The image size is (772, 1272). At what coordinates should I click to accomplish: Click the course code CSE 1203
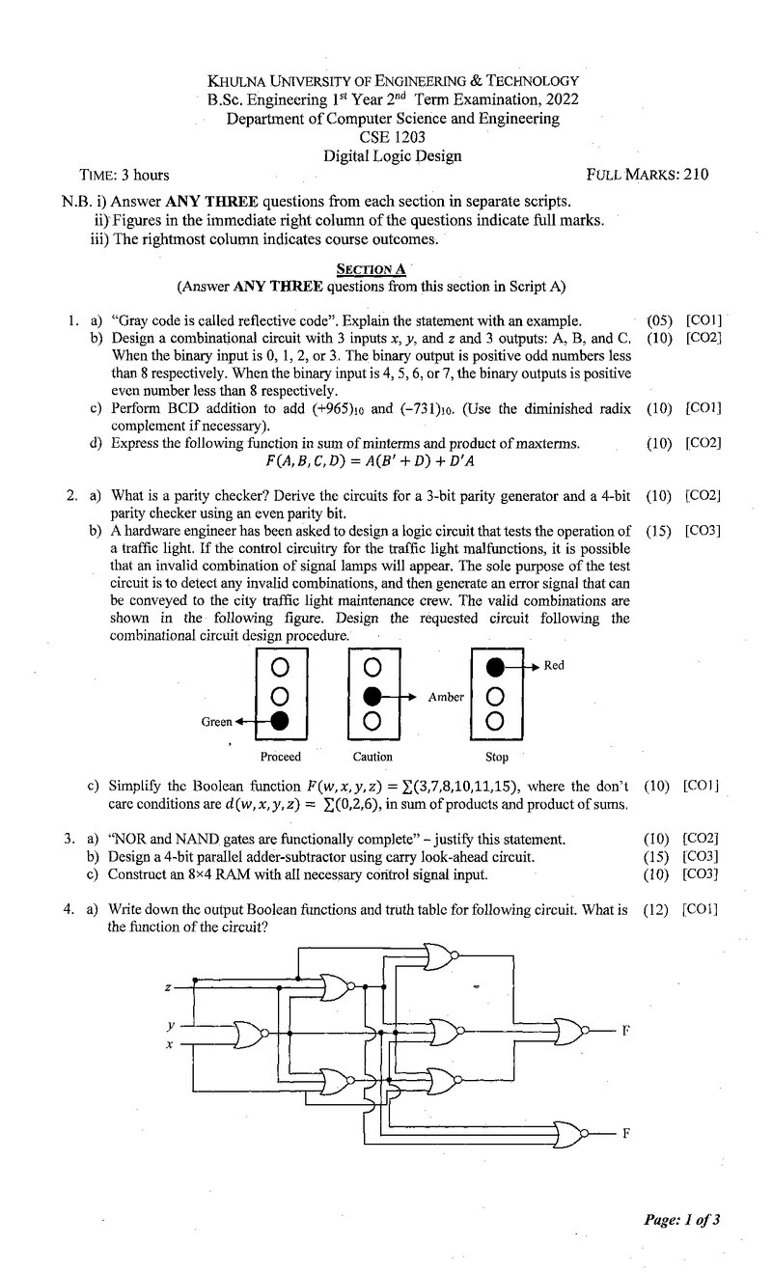point(392,137)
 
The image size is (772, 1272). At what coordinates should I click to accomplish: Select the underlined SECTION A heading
point(371,268)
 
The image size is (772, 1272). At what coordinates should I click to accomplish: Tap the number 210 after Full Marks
point(696,174)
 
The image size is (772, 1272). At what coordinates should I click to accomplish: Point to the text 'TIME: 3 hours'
point(124,175)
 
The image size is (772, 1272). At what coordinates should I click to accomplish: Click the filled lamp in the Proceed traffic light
point(279,721)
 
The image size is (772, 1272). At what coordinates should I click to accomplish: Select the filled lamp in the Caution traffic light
point(372,695)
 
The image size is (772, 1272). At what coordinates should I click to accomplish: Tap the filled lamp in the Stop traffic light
point(495,667)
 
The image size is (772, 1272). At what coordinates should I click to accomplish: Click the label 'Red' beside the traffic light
point(554,665)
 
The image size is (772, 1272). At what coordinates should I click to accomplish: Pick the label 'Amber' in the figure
point(446,697)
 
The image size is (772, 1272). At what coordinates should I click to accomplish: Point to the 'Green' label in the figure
point(216,722)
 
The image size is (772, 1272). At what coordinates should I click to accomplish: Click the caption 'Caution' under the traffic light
point(372,757)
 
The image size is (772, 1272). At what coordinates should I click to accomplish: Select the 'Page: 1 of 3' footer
point(681,1219)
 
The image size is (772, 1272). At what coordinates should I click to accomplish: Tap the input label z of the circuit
point(168,987)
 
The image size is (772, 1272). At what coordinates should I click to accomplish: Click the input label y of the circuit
point(170,1026)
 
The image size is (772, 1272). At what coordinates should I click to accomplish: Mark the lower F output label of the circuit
point(626,1133)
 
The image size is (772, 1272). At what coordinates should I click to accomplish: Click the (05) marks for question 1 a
point(659,320)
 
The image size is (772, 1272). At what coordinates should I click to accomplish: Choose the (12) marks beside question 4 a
point(655,910)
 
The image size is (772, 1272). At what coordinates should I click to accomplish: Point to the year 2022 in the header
point(562,100)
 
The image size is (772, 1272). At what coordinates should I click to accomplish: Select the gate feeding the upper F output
point(570,1030)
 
